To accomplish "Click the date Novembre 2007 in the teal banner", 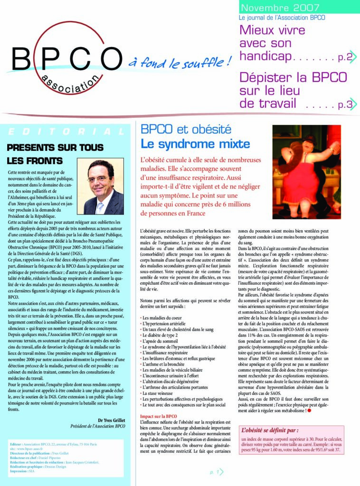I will [x=280, y=8].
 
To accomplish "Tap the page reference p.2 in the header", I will [x=345, y=58].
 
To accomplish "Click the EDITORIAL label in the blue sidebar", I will [x=66, y=132].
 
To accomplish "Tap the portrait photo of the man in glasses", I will [x=100, y=187].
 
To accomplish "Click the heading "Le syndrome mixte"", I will [x=195, y=144].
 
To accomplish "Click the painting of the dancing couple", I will [x=306, y=171].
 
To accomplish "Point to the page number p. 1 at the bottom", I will [x=215, y=473].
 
